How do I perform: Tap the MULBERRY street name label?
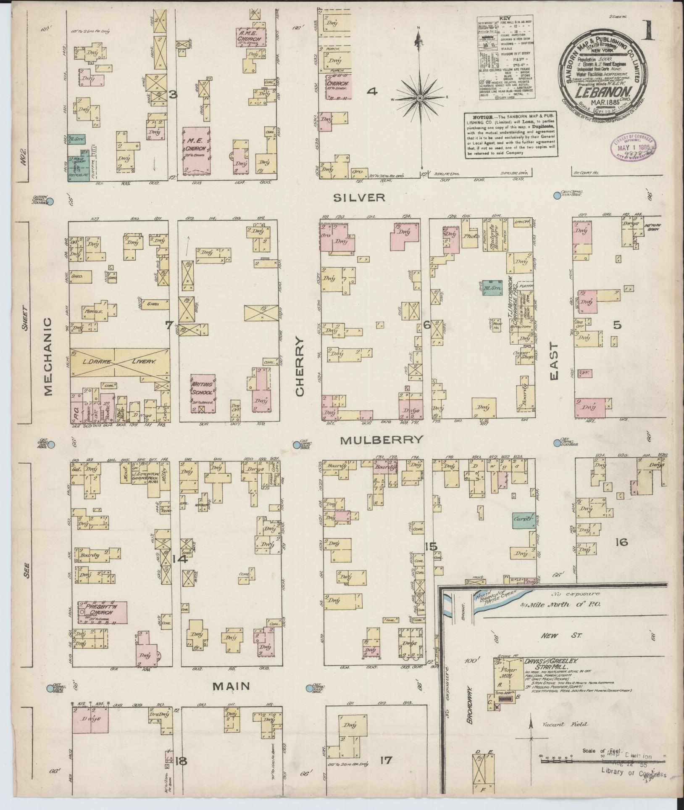381,440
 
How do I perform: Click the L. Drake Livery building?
120,361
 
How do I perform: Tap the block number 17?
385,760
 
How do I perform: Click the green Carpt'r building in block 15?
523,520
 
